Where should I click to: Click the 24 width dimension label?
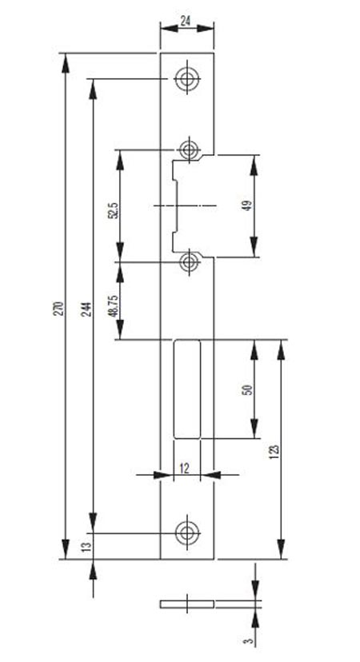185,21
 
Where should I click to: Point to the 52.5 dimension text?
114,209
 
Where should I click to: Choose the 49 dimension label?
248,205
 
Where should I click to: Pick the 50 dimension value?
249,389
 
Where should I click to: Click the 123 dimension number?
275,451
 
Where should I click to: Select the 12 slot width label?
184,468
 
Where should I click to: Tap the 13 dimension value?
86,547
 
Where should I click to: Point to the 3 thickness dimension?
250,640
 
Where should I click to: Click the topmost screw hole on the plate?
187,78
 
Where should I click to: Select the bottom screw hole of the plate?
187,532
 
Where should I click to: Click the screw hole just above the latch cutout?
189,149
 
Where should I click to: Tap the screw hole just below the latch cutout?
190,262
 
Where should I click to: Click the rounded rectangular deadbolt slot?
187,389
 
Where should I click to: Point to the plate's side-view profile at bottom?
186,604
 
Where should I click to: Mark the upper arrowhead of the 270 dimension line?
65,63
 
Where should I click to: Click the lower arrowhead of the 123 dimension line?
281,549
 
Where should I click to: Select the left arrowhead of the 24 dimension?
169,28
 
